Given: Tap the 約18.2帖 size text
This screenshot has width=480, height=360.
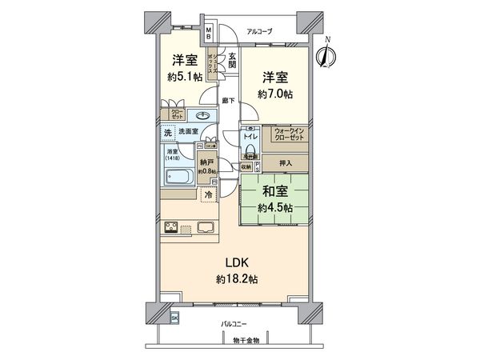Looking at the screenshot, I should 235,279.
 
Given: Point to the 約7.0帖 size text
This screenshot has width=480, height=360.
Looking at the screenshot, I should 275,94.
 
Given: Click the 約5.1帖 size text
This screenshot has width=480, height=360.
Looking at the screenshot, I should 184,78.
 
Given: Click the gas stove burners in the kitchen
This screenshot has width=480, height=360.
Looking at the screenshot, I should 174,228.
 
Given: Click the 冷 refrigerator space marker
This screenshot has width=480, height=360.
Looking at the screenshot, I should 207,194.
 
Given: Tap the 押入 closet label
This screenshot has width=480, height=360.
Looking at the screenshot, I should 286,164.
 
